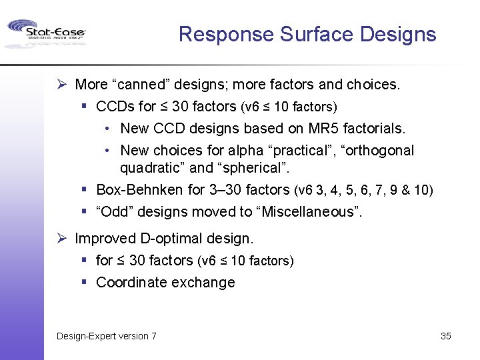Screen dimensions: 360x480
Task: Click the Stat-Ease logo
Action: tap(45, 33)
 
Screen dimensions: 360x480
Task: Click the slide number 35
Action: tap(446, 336)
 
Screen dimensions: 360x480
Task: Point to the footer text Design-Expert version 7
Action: tap(107, 336)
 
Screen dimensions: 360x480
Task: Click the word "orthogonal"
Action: tap(379, 151)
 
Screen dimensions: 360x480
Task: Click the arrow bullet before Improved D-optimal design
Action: tap(61, 238)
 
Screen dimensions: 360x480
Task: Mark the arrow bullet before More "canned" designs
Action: tap(61, 85)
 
